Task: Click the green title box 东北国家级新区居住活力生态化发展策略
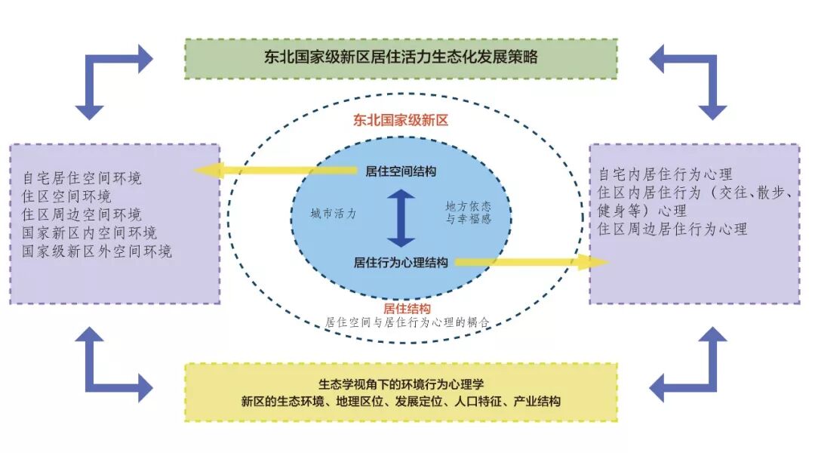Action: tap(401, 58)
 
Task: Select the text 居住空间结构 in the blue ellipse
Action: tap(400, 171)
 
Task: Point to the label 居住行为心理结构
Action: tap(401, 263)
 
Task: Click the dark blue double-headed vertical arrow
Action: tap(401, 217)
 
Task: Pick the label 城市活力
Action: tap(333, 214)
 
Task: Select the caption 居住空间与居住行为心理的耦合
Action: tap(407, 322)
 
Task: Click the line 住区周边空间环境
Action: tap(82, 214)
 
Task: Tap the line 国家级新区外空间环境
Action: tap(97, 251)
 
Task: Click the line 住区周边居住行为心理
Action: tap(672, 228)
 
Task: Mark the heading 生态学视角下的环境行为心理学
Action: tap(400, 384)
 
